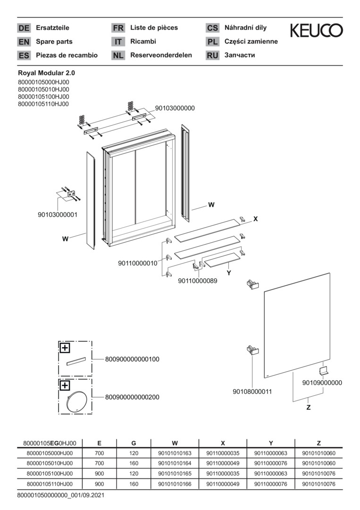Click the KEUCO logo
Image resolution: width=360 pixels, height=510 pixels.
point(316,31)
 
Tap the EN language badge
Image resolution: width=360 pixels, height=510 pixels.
point(24,42)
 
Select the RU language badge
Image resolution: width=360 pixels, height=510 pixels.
point(212,55)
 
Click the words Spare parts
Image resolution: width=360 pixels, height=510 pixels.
point(54,42)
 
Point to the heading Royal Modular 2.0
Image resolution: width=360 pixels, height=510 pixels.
point(46,73)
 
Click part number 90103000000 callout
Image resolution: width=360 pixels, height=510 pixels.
point(175,108)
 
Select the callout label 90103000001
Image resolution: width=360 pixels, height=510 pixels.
point(58,214)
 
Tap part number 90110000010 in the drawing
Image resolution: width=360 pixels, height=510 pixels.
point(137,263)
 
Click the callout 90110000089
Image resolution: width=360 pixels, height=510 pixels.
point(198,281)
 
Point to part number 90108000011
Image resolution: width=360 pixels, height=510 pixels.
point(252,391)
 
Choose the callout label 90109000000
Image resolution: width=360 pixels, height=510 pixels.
point(322,383)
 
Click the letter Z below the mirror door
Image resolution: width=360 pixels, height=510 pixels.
point(308,407)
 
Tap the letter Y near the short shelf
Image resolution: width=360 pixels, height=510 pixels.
point(228,273)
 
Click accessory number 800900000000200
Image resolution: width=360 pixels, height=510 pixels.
point(132,397)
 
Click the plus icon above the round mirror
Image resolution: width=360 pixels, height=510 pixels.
point(64,385)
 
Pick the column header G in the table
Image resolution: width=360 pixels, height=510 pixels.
point(134,443)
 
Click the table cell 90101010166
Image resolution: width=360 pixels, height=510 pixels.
point(175,484)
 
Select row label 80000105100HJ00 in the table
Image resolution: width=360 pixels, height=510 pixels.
point(50,473)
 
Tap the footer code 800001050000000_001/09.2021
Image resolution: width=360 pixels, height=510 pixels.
point(60,495)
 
